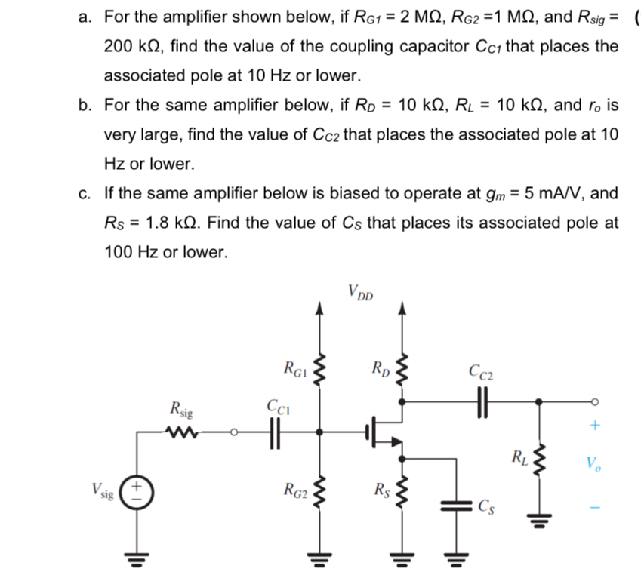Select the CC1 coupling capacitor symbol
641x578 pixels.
pos(274,432)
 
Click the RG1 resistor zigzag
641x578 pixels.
pos(319,370)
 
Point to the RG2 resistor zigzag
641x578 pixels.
pos(319,492)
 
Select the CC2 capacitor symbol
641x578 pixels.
pos(483,401)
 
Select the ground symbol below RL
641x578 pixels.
pos(538,519)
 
